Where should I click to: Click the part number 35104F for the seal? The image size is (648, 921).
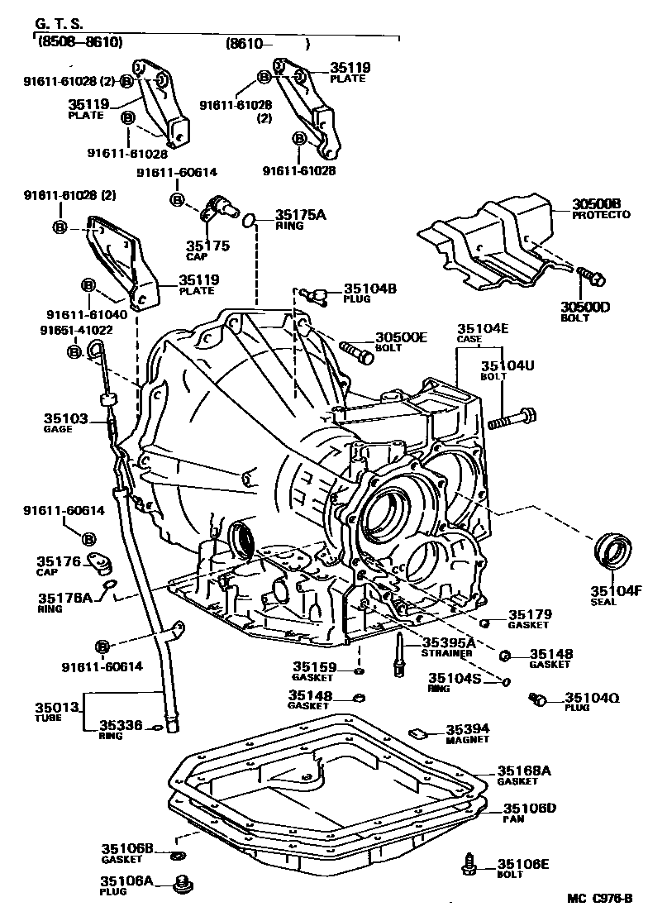615,590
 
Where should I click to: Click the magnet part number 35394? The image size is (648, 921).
468,729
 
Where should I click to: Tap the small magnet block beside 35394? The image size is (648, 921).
417,731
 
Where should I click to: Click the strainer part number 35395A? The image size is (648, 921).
449,642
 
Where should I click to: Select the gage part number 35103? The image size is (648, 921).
65,419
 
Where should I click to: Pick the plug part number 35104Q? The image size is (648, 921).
592,698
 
